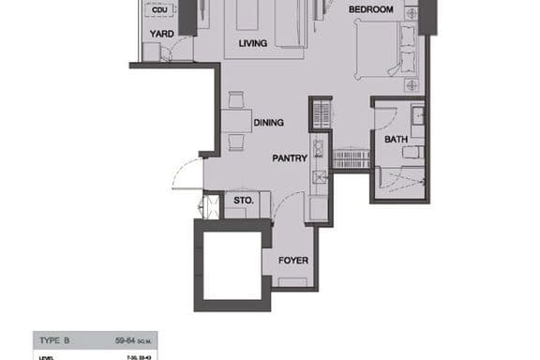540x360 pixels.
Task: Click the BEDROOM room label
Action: (x=369, y=9)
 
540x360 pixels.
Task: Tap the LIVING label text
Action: (x=253, y=43)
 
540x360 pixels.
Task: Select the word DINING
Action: (x=268, y=122)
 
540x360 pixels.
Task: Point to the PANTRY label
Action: (x=290, y=158)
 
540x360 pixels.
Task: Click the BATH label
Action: (x=396, y=140)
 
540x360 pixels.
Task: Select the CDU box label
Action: (x=159, y=9)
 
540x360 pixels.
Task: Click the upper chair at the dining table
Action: (x=235, y=99)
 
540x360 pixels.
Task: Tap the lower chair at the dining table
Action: (x=235, y=142)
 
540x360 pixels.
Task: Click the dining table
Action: (x=234, y=122)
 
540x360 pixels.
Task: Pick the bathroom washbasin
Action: (x=419, y=116)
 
